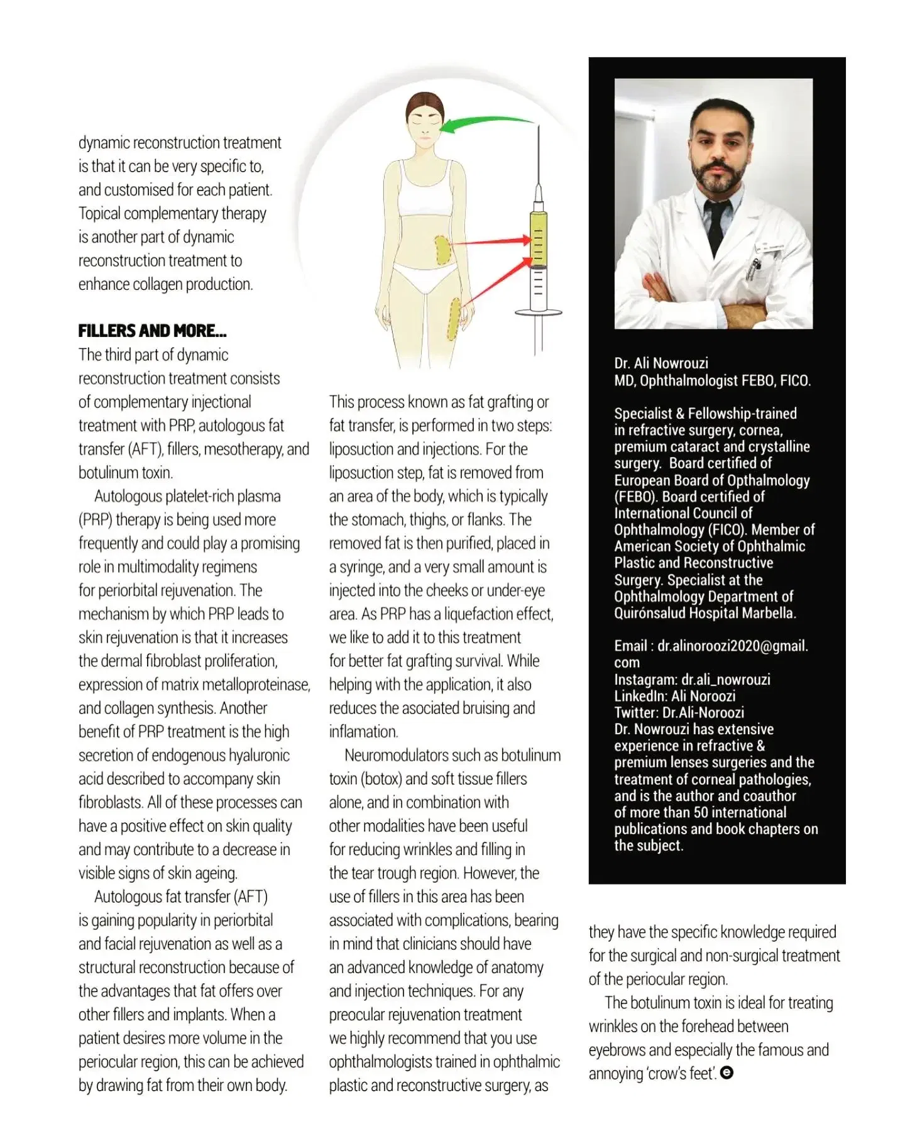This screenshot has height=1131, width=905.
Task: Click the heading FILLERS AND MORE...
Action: click(x=152, y=331)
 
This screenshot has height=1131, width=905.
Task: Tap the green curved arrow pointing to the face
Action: click(x=484, y=121)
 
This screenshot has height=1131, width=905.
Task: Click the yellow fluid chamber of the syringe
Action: click(x=538, y=238)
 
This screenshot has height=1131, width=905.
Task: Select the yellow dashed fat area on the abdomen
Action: click(x=444, y=250)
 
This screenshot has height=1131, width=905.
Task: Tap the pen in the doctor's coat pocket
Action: click(x=752, y=267)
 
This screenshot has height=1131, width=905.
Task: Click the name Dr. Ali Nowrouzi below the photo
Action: click(x=661, y=363)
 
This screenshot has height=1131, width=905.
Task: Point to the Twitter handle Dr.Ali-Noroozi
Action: click(x=703, y=712)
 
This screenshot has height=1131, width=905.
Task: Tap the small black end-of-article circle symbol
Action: click(x=727, y=1073)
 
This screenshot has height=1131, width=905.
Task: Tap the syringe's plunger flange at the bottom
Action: click(x=538, y=312)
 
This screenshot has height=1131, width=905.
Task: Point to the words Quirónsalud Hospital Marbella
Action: click(x=705, y=613)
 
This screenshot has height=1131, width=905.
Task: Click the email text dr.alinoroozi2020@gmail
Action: click(x=732, y=646)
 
